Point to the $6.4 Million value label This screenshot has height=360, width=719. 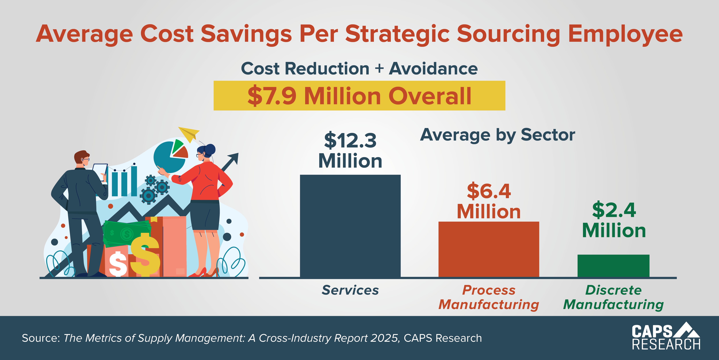[x=489, y=201]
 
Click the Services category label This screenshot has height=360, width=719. [x=350, y=290]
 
